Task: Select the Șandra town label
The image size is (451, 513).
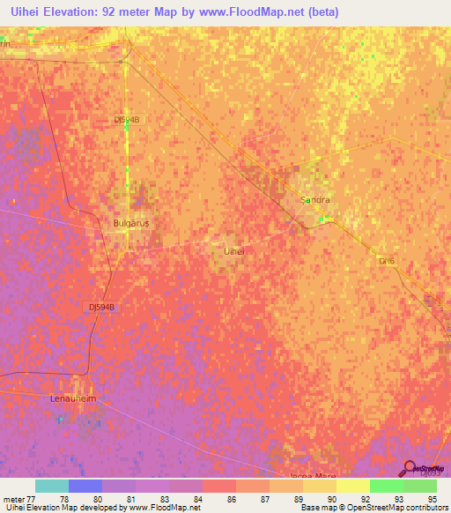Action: (x=315, y=200)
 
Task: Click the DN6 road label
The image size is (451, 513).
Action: (x=388, y=261)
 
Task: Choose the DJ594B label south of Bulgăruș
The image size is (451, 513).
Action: (x=102, y=306)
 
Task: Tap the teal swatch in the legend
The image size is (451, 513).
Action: (x=52, y=486)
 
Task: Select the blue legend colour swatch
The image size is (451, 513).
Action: (x=85, y=486)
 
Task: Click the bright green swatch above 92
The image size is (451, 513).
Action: (x=386, y=486)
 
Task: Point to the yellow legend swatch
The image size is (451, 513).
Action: (x=352, y=486)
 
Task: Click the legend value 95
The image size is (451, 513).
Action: (x=432, y=498)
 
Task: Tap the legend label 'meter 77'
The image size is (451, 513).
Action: (x=18, y=498)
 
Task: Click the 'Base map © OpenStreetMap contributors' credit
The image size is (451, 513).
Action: (x=373, y=508)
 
